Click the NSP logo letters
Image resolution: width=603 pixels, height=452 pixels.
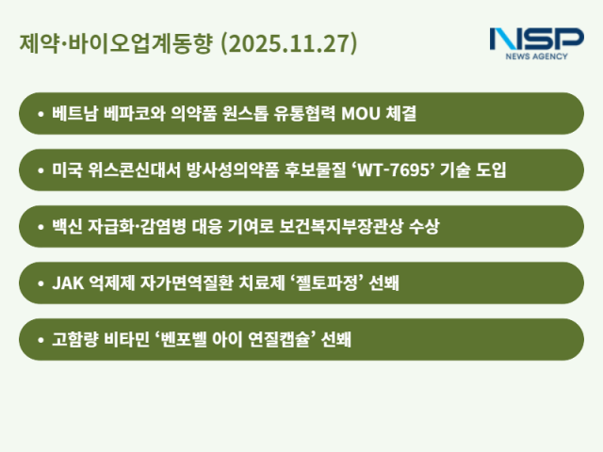tap(536, 40)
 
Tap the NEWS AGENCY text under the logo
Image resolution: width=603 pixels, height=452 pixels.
tap(536, 57)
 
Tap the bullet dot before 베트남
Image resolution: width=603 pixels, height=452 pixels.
tap(39, 114)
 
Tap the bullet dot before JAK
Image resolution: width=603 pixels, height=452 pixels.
tap(39, 283)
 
